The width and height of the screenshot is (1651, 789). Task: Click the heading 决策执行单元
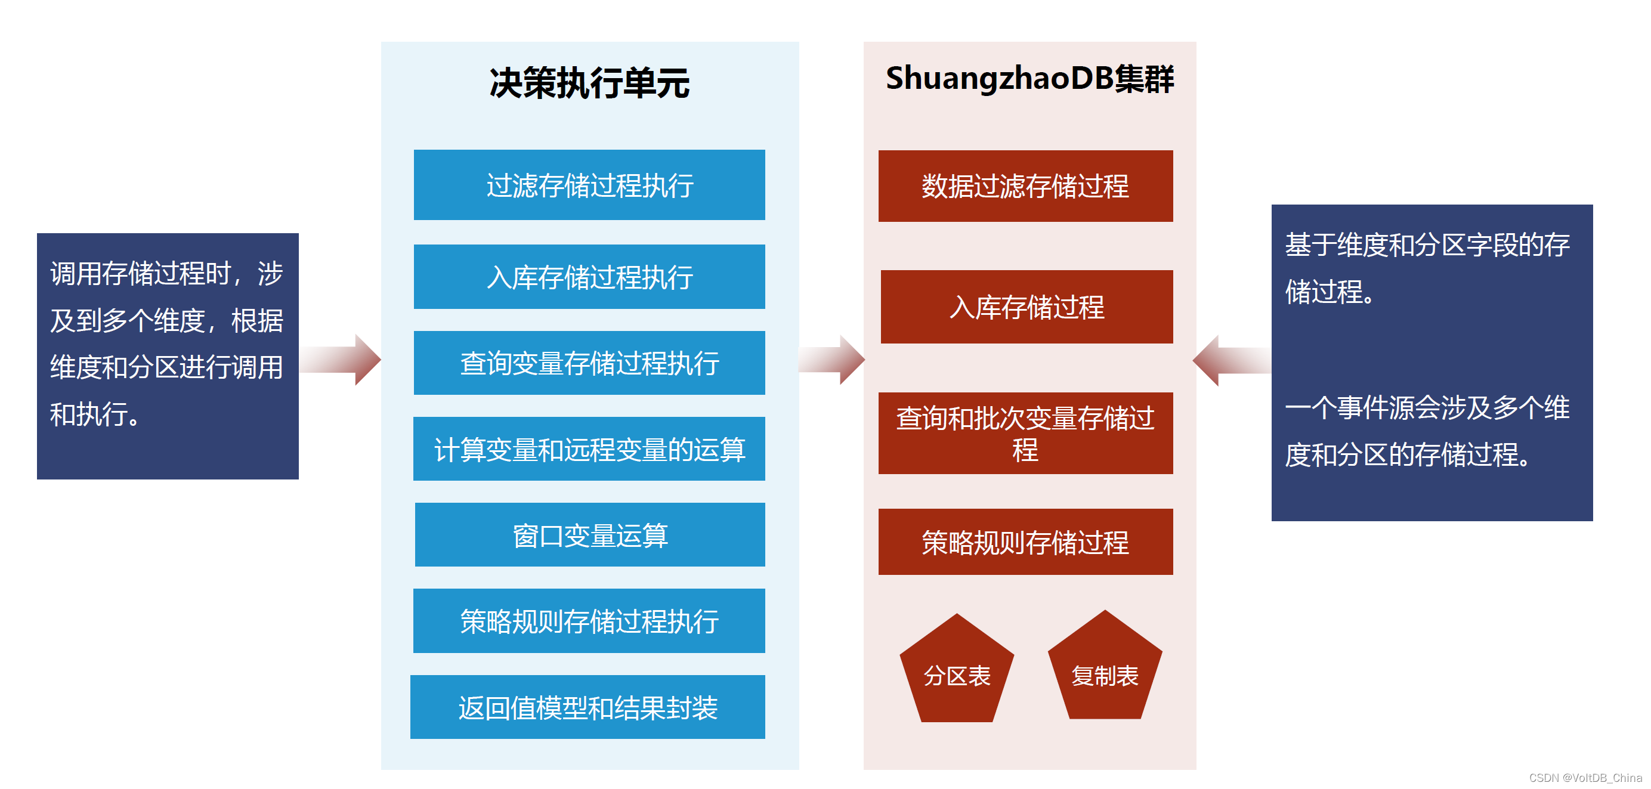(589, 83)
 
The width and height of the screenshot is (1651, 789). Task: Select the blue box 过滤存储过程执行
(589, 185)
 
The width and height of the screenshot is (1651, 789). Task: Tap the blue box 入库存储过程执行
(589, 277)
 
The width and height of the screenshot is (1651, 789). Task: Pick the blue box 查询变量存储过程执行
(589, 363)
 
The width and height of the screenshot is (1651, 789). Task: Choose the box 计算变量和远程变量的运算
(589, 448)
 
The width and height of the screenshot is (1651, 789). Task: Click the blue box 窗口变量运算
(590, 534)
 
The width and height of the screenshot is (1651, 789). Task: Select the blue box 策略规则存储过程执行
(589, 620)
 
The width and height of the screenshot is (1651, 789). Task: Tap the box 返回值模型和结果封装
(588, 707)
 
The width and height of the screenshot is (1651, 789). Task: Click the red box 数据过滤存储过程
(1025, 186)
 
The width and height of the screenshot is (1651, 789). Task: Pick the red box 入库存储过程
(1027, 307)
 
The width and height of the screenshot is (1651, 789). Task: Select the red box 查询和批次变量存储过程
(1025, 434)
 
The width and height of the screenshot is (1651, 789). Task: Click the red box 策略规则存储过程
(1025, 542)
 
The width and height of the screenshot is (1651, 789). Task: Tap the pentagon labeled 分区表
(957, 673)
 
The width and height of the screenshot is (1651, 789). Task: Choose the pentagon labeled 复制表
(1105, 671)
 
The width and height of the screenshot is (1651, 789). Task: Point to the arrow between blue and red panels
(832, 360)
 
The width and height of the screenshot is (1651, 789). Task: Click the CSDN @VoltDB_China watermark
(1584, 778)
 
